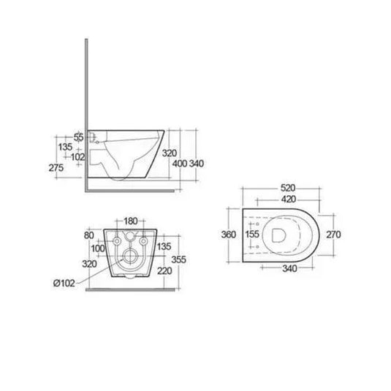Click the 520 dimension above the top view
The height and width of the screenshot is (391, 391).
288,188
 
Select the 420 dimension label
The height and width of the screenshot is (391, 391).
289,199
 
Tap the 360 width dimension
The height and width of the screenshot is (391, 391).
229,235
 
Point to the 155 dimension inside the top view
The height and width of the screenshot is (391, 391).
252,234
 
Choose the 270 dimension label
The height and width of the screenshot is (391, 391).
333,235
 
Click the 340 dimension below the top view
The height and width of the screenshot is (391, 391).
289,268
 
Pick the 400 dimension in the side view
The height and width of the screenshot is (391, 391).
180,164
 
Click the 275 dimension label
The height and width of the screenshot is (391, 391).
56,168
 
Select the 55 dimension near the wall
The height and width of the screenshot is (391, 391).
78,137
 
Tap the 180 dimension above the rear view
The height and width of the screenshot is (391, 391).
131,221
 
